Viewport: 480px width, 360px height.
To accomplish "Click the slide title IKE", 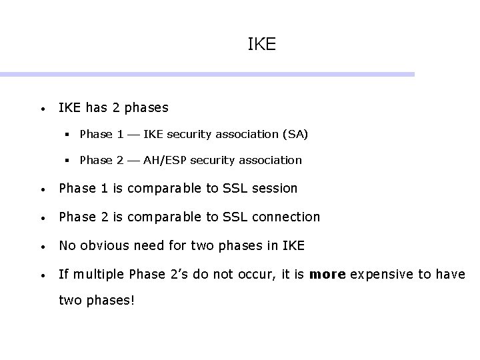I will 261,45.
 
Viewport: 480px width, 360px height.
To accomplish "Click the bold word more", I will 329,275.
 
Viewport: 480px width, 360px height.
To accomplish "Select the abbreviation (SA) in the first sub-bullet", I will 295,134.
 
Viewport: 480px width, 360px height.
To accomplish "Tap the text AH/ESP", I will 165,160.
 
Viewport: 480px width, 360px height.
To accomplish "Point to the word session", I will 275,189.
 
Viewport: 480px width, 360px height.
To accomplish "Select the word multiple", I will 95,275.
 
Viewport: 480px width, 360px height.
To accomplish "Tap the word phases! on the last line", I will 111,301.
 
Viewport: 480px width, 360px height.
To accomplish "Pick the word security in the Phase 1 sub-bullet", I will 189,134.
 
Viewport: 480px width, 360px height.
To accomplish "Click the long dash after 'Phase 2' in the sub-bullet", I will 133,161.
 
